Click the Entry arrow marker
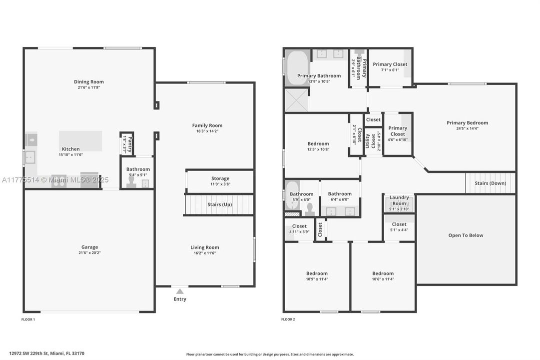tap(180, 291)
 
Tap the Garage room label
tap(90, 247)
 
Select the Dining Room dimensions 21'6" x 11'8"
tap(89, 87)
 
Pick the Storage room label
tap(220, 178)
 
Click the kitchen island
tap(80, 140)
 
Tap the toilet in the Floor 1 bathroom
tap(131, 182)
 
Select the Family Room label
tap(207, 125)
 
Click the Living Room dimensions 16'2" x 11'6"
tap(205, 253)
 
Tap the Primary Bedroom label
tap(467, 123)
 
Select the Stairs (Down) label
tap(490, 183)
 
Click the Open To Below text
tap(466, 235)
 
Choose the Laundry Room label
tap(399, 200)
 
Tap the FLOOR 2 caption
tap(288, 319)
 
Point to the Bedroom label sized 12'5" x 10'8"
tap(318, 144)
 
